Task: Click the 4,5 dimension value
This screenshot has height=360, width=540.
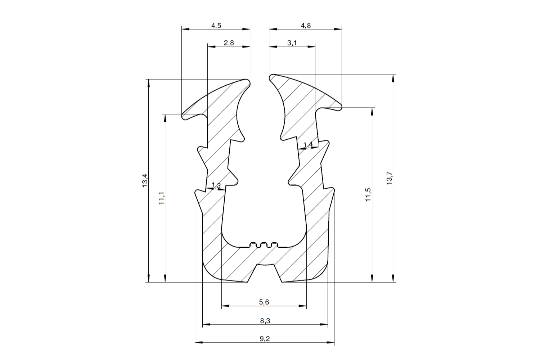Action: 216,25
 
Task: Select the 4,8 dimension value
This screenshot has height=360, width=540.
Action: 306,25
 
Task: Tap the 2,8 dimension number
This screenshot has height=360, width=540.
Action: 229,43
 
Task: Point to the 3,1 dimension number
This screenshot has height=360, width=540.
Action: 292,43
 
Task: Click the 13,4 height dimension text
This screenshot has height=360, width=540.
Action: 145,181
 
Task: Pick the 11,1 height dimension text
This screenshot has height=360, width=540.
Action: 161,198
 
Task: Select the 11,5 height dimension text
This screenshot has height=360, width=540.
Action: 368,195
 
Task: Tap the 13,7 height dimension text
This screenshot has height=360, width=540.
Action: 389,178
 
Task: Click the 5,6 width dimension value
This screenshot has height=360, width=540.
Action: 264,302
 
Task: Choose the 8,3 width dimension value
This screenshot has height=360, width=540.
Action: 265,321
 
